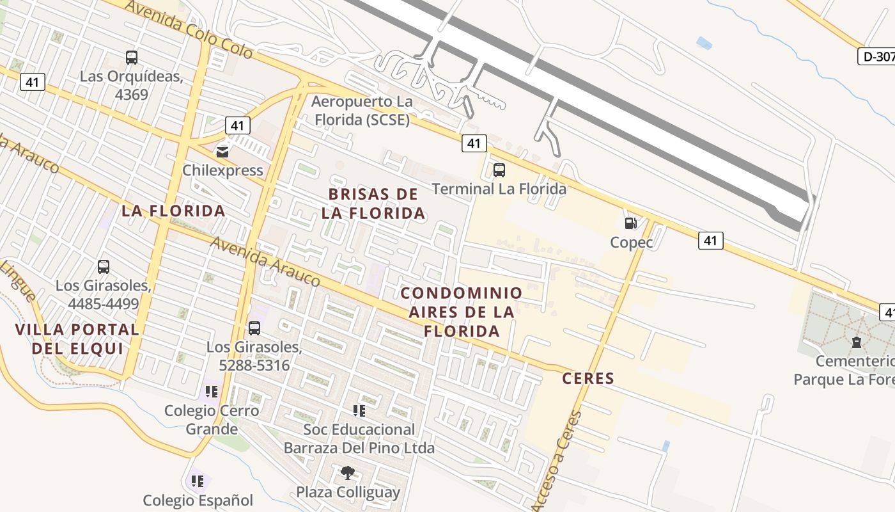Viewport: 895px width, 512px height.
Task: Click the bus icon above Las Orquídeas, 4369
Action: pos(132,58)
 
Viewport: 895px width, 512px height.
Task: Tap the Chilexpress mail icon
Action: pos(222,152)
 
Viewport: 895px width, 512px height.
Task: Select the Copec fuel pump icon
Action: pos(631,223)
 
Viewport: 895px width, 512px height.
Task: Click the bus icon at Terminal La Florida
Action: pos(499,170)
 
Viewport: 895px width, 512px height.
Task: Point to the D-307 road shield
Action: pos(876,56)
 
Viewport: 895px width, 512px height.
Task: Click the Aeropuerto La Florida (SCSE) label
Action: pos(361,111)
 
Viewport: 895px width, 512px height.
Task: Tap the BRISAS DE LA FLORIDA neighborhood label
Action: pos(373,204)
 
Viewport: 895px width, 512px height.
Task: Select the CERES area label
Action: pos(588,378)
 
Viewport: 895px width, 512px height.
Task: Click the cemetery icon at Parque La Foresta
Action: pos(856,342)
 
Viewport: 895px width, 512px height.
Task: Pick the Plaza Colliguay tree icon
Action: pos(348,473)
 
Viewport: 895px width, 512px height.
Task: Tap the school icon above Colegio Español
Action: pos(198,481)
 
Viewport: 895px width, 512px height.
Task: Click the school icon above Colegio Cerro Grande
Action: pos(212,391)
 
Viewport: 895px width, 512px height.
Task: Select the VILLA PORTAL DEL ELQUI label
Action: pos(77,339)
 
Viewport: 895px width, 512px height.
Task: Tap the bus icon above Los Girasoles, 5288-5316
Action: pos(254,328)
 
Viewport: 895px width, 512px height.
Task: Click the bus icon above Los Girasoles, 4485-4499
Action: pos(104,267)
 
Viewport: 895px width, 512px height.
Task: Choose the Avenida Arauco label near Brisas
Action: pos(265,261)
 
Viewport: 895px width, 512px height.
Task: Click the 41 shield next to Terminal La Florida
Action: pos(474,143)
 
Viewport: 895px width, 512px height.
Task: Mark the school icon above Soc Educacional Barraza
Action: pos(359,410)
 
